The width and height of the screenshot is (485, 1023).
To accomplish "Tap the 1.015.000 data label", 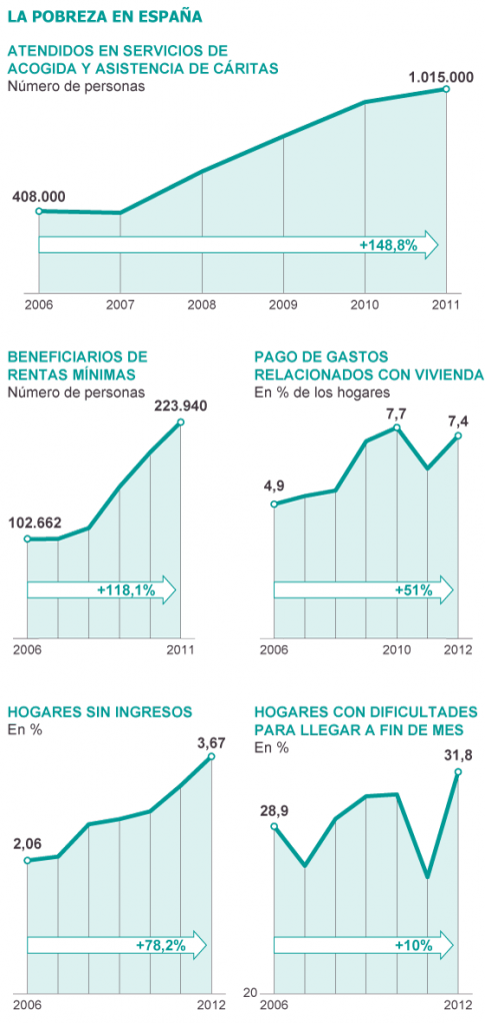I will point(441,76).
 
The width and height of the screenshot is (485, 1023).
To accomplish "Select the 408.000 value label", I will point(39,197).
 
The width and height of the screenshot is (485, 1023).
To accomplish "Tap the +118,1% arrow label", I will point(126,590).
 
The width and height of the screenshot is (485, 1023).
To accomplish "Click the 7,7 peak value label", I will point(397,413).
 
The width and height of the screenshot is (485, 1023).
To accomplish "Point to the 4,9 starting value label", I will point(275,487).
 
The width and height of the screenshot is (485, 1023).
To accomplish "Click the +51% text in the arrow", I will point(413,590).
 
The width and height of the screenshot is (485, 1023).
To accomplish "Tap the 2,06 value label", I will point(27,844).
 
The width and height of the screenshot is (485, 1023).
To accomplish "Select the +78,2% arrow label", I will point(159,944).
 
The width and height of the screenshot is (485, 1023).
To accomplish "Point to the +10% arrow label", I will point(413,944).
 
